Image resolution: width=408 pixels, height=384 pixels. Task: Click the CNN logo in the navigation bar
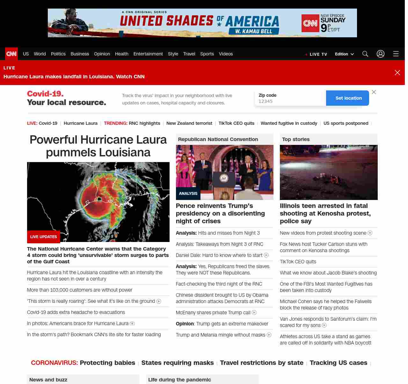[11, 54]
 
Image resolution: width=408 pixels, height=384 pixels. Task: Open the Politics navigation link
[58, 54]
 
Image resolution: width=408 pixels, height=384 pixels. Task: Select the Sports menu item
[207, 54]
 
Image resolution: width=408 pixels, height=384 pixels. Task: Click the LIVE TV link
[318, 54]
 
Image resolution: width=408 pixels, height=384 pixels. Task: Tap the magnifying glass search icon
[365, 54]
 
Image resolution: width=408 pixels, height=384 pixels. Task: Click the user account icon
[381, 54]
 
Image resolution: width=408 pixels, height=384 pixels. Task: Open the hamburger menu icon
[396, 54]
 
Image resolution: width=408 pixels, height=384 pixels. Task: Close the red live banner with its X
[397, 73]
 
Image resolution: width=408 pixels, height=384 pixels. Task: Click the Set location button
[348, 98]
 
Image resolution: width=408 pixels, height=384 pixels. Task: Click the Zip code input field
[290, 101]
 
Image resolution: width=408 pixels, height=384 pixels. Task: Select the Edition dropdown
[344, 54]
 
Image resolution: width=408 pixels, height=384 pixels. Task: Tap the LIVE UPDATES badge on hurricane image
[44, 237]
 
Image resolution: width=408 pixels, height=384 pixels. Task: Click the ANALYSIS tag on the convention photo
[188, 194]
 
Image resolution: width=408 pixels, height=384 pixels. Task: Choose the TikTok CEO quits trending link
[237, 123]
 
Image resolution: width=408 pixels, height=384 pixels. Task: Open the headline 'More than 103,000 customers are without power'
[80, 290]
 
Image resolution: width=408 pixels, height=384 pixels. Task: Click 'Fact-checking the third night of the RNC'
[219, 284]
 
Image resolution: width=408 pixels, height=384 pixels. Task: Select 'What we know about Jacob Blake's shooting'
[328, 273]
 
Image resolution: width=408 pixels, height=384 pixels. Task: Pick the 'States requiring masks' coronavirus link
[178, 363]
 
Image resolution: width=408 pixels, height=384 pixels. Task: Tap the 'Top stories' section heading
[296, 139]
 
